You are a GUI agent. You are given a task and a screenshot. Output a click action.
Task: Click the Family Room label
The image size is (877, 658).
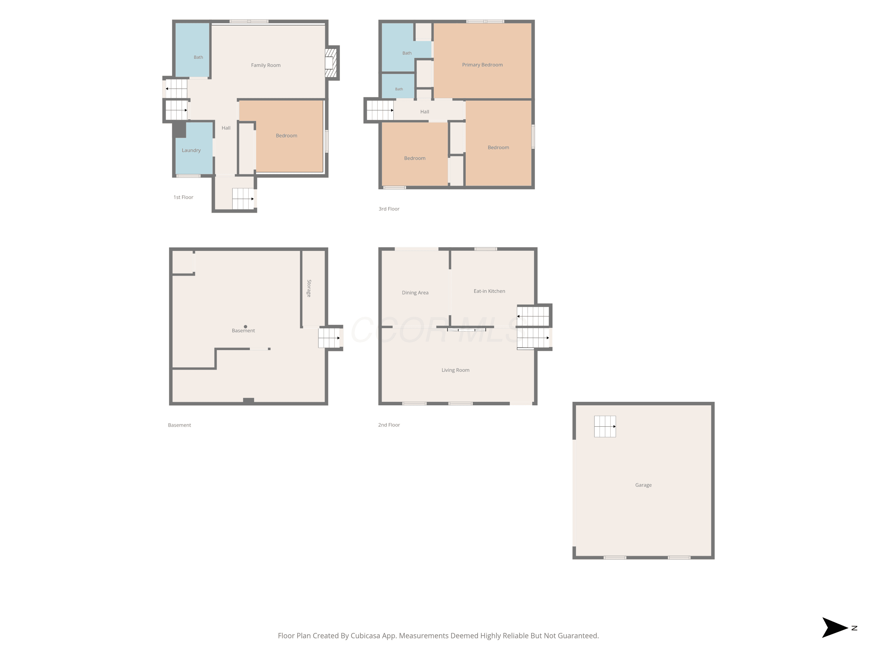point(266,65)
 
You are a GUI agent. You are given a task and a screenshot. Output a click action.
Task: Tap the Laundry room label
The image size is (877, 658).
point(191,150)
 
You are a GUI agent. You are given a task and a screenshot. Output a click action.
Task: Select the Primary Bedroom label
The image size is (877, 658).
point(482,65)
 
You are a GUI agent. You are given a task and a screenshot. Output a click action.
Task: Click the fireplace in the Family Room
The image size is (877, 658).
point(331,63)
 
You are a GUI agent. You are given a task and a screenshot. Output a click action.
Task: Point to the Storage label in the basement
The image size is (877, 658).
point(309,288)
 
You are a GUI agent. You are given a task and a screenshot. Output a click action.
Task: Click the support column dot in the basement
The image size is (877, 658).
point(246,326)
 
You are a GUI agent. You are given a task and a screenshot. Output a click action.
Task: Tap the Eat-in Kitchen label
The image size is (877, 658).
point(489,291)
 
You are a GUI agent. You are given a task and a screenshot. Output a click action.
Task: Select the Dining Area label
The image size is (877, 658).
point(415,293)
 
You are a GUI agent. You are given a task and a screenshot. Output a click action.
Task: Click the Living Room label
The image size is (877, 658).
point(455,370)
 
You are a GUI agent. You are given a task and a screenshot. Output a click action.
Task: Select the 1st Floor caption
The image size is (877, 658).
point(183,197)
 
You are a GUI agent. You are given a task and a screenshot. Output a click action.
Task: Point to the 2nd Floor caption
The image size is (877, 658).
point(389,425)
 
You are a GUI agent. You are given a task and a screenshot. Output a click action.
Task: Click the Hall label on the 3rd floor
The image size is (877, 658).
point(425,112)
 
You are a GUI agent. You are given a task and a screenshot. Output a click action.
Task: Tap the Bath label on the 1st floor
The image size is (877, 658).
point(198,57)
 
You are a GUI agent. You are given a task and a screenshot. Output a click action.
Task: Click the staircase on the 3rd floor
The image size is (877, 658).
point(380,110)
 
